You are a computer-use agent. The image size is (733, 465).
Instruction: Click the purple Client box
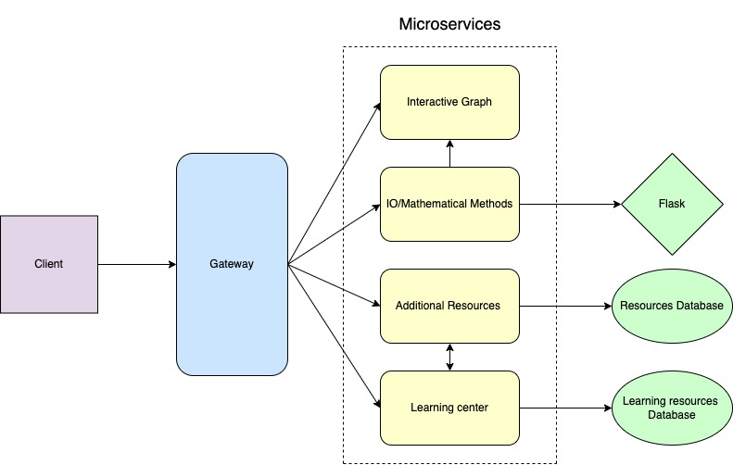49,264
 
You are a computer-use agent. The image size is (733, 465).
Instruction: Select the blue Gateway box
232,264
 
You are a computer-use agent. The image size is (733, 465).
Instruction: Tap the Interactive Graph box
449,101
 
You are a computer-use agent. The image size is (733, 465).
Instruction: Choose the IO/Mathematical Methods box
449,203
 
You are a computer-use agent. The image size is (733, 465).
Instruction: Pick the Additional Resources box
449,305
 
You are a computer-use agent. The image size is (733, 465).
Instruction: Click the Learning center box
449,407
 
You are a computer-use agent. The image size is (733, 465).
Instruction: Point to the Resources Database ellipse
671,305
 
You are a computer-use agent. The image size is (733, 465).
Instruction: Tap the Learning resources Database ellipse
671,408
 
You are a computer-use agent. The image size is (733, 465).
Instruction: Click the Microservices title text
449,24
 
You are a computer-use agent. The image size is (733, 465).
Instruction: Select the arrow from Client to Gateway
137,265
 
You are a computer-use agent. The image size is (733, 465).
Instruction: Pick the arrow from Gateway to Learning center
335,336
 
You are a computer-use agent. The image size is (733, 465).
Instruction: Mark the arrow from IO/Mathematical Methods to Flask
569,204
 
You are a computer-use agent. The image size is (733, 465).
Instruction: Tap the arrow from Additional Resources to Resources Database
564,305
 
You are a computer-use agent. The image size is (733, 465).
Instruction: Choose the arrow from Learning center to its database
564,408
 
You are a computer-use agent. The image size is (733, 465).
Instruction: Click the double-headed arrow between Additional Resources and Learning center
450,356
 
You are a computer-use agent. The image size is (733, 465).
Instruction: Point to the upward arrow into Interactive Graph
450,153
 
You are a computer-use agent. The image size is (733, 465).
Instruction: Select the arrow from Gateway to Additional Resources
335,285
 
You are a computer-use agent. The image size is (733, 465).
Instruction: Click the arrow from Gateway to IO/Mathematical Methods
335,233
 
